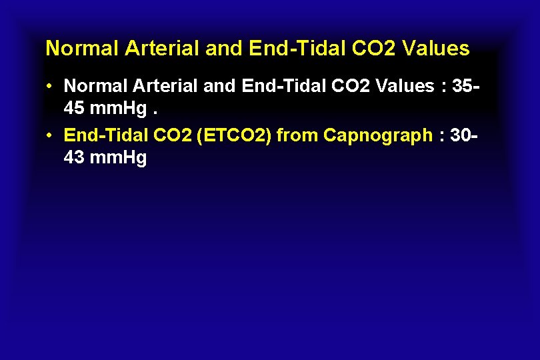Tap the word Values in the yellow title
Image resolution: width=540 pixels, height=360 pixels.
coord(436,49)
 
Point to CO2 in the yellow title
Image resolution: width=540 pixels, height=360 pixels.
coord(376,49)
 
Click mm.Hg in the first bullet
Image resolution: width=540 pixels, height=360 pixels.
coord(113,109)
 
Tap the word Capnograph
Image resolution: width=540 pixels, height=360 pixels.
coord(378,136)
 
